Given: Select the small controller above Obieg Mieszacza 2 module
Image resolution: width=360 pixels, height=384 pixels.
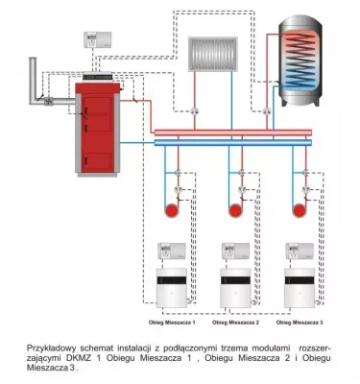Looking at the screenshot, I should click(x=235, y=252).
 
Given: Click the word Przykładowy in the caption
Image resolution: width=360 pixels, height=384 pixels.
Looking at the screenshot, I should click(x=54, y=345).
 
